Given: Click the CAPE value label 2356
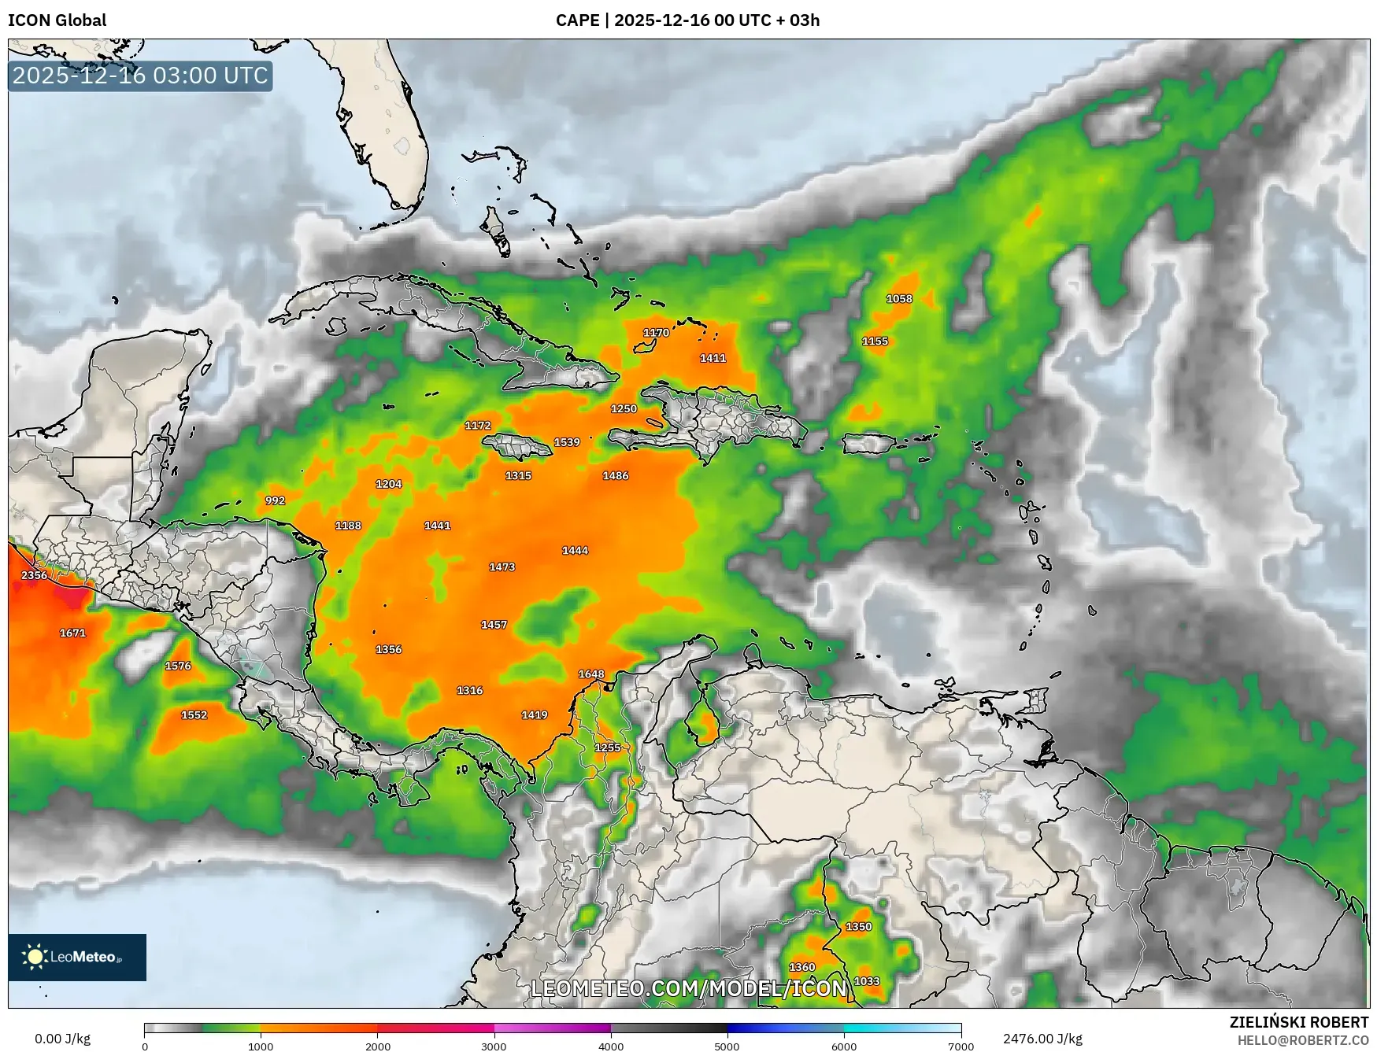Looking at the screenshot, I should click(34, 575).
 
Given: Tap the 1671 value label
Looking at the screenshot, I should click(72, 633).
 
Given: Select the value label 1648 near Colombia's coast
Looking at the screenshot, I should click(591, 674).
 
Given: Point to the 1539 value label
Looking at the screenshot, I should click(567, 442).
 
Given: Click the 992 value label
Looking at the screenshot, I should click(275, 500).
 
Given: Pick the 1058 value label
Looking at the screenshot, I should click(899, 299).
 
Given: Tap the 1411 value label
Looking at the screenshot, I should click(713, 358).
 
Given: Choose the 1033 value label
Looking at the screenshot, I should click(867, 981).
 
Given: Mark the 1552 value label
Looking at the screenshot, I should click(194, 715).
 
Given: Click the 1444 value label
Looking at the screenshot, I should click(575, 551).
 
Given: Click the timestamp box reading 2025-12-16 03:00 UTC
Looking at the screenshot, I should click(140, 76).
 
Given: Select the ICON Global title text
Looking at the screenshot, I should click(57, 20).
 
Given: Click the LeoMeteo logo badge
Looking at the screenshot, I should click(77, 957).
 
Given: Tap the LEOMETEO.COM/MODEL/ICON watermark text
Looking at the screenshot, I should click(689, 988).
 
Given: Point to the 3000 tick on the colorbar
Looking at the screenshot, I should click(494, 1046).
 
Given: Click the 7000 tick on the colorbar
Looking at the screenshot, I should click(961, 1046).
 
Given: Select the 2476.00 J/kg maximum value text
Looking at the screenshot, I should click(1042, 1039).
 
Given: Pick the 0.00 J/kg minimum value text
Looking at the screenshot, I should click(62, 1039).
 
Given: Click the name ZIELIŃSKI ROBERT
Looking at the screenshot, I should click(1299, 1022).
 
